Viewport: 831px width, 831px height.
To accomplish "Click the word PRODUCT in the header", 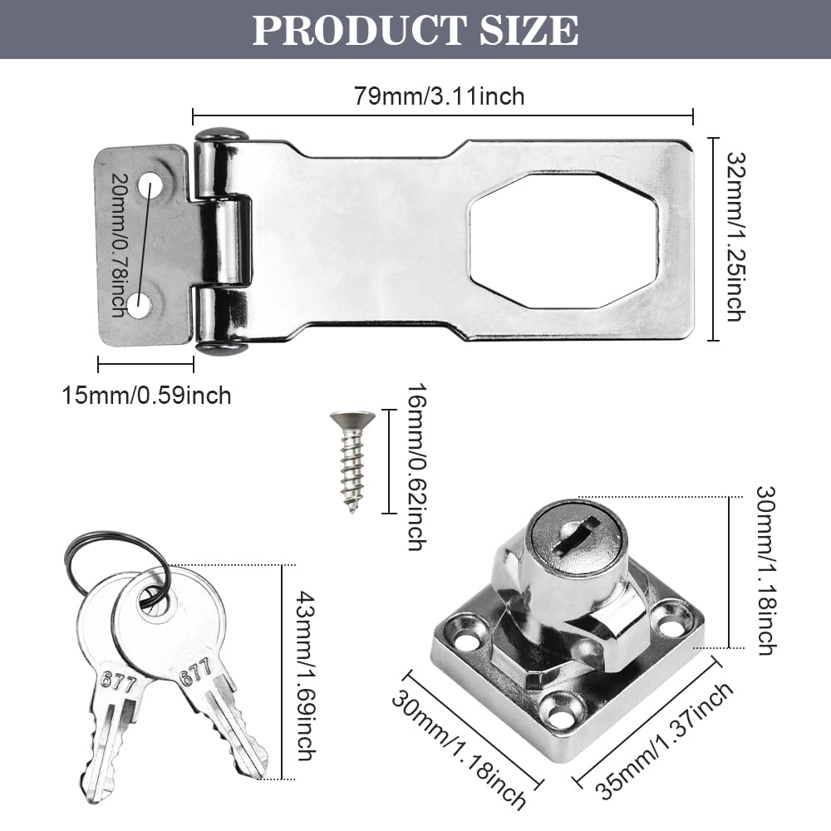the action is click(359, 30).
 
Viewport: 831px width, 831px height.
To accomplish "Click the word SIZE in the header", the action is click(529, 30).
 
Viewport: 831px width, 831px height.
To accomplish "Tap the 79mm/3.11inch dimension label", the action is click(440, 96).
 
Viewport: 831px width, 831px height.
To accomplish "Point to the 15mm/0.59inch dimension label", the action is click(147, 396).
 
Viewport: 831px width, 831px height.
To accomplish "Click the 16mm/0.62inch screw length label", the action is click(416, 467).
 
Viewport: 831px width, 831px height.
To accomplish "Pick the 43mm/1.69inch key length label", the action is click(306, 676).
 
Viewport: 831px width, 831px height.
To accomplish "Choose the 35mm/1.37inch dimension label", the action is click(664, 740).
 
